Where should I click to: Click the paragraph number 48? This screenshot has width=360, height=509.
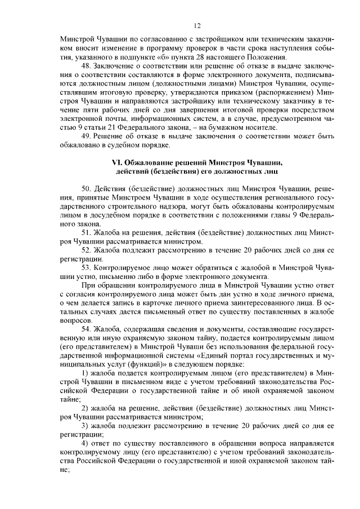86,66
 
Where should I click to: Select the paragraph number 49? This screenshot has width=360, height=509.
86,137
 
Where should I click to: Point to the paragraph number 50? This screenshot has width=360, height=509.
86,187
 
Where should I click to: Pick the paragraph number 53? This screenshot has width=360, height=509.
86,270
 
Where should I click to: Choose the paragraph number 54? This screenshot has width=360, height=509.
86,328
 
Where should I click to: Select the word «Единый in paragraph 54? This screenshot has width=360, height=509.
210,355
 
